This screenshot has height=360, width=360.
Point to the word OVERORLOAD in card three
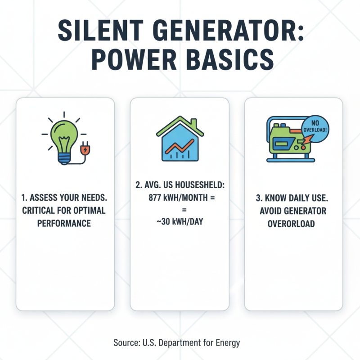[293, 223]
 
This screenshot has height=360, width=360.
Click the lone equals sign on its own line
[180, 210]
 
